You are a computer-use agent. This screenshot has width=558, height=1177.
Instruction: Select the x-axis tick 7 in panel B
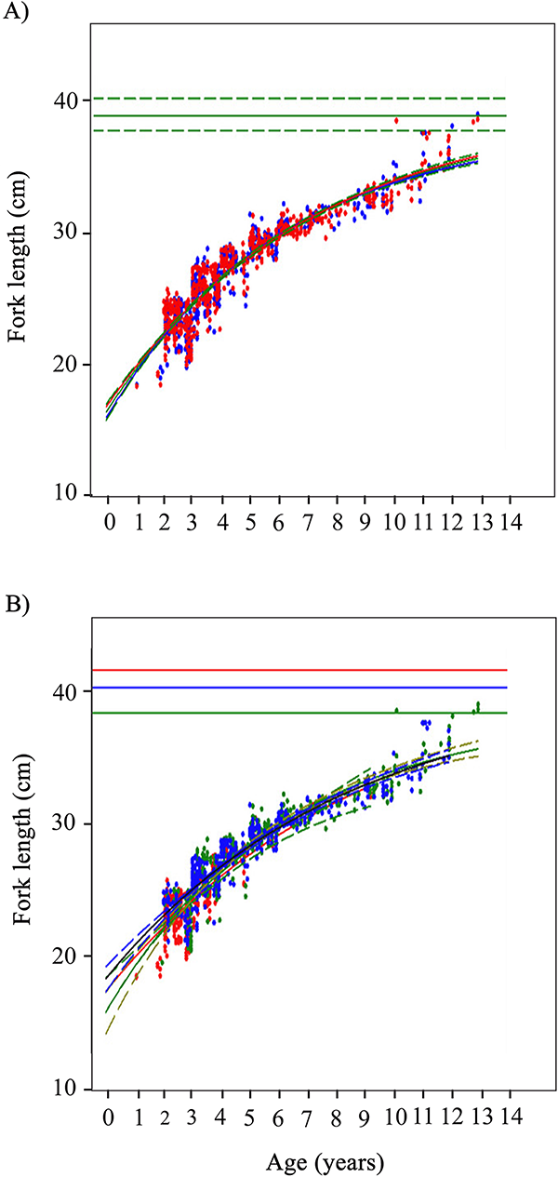click(309, 1114)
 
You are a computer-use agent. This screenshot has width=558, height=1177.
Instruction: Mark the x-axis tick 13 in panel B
click(481, 1114)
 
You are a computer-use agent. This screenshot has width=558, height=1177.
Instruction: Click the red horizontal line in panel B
click(307, 670)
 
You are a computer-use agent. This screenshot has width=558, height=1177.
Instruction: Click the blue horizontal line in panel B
click(307, 688)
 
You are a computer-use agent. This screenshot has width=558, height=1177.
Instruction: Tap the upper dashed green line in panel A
click(307, 98)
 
